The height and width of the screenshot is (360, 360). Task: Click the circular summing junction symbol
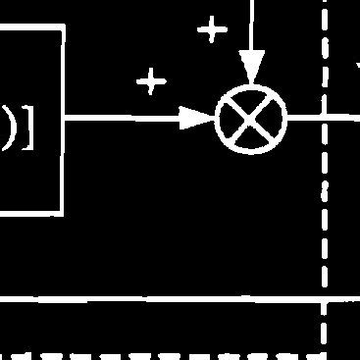(251, 121)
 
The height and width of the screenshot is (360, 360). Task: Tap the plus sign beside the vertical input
(211, 30)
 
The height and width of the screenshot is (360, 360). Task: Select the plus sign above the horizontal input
(150, 81)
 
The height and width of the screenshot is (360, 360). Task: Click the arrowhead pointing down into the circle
(252, 69)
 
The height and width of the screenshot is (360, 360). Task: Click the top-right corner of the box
(64, 28)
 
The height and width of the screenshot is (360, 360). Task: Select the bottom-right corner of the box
(64, 212)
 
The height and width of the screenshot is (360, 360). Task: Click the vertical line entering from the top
(252, 25)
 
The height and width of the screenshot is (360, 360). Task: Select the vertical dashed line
(325, 226)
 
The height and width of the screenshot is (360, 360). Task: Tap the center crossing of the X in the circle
(251, 121)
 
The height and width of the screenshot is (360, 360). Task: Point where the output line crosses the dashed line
(325, 119)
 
